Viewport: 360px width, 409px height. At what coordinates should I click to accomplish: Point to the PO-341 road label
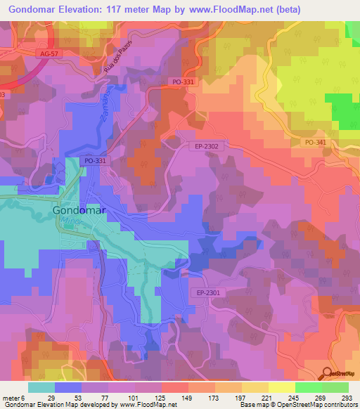tap(316, 143)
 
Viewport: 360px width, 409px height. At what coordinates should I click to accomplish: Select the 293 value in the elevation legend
tap(347, 397)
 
